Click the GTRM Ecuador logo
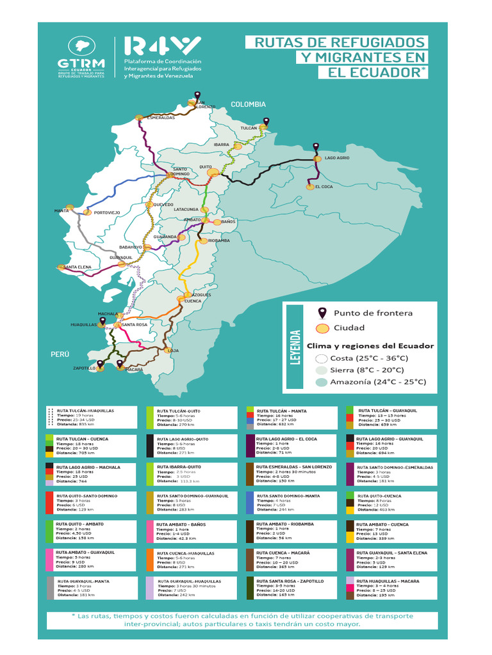coord(81,57)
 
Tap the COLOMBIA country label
coord(248,104)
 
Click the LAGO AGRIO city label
coord(336,157)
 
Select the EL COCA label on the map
coord(324,187)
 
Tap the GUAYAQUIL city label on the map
coord(121,257)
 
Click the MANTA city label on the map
coord(61,210)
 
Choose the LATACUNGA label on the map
coord(186,209)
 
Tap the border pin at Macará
coord(120,364)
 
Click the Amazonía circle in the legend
coord(322,383)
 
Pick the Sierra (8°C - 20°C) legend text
coord(367,370)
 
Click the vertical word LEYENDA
coord(295,347)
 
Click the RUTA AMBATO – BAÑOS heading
coord(184,525)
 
